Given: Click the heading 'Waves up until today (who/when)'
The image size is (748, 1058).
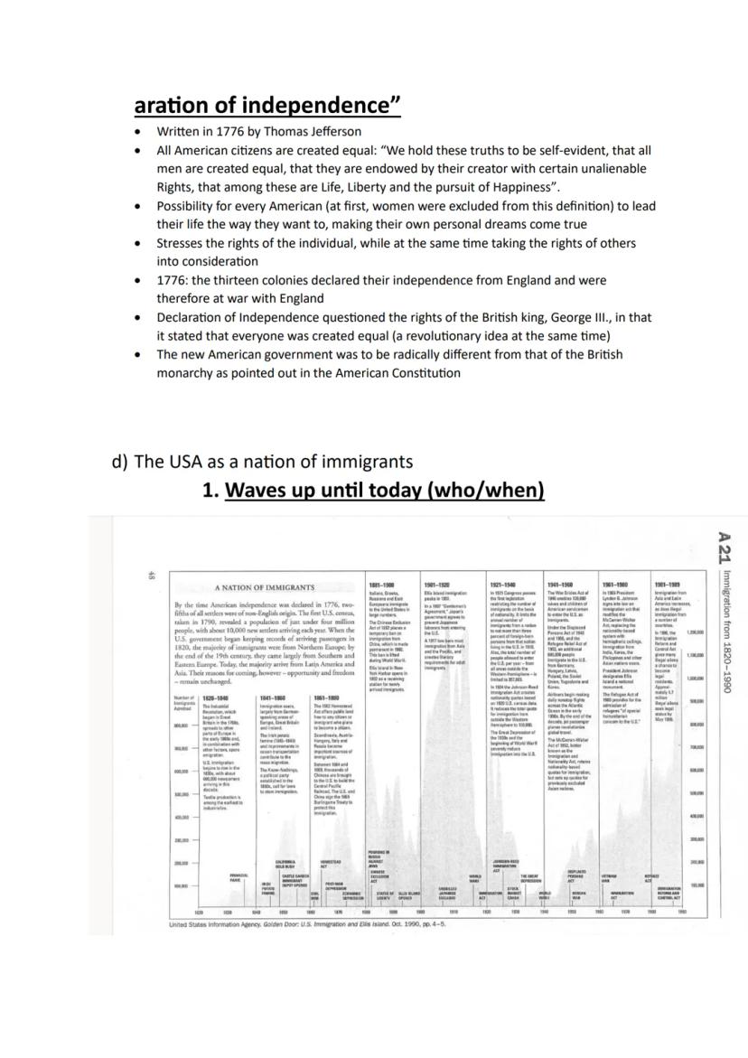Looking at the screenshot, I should pyautogui.click(x=384, y=490).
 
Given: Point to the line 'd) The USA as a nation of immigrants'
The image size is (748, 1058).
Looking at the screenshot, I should pyautogui.click(x=262, y=462).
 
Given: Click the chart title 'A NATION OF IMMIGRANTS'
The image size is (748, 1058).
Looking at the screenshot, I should pyautogui.click(x=265, y=588).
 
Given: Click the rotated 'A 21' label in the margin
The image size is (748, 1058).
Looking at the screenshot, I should pyautogui.click(x=723, y=548).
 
